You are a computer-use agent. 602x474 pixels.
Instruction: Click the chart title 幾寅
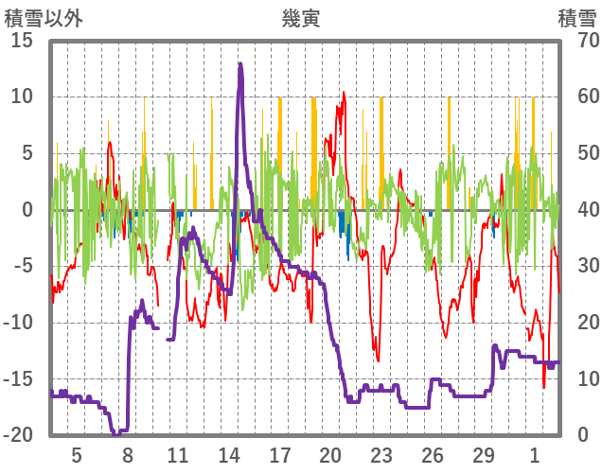(300, 18)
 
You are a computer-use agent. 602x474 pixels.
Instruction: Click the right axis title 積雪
(575, 18)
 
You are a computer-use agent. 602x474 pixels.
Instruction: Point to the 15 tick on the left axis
(22, 40)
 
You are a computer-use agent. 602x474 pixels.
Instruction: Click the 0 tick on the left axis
(27, 210)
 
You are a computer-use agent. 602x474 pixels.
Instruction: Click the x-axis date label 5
(77, 454)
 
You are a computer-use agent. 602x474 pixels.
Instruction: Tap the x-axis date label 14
(229, 454)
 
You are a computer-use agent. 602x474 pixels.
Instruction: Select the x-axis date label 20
(330, 454)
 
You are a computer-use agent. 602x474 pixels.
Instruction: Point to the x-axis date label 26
(433, 454)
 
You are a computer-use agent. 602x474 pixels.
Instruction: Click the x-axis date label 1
(535, 454)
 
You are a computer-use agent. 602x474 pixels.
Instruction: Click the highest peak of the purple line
(240, 64)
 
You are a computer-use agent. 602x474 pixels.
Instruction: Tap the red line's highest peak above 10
(344, 92)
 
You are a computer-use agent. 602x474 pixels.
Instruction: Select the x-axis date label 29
(484, 454)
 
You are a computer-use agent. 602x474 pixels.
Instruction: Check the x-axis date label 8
(128, 454)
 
